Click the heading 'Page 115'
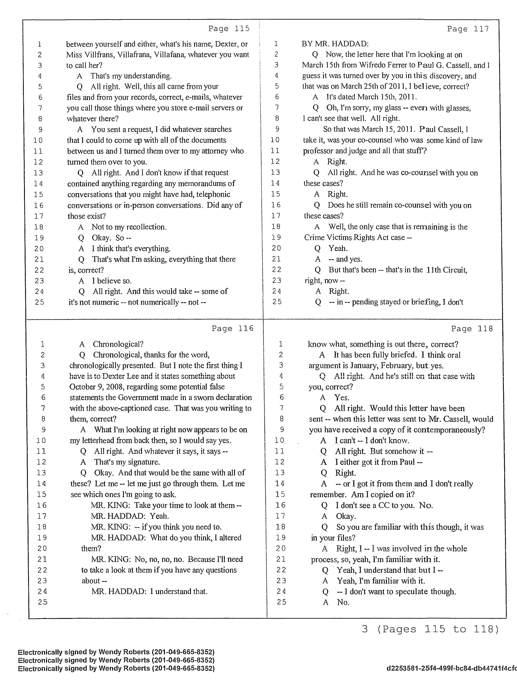point(229,29)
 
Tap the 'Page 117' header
point(468,29)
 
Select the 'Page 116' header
point(232,329)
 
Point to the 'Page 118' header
point(472,329)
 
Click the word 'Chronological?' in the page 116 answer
point(118,344)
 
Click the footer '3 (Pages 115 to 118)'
point(430,629)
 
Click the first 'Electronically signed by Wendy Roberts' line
point(116,652)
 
